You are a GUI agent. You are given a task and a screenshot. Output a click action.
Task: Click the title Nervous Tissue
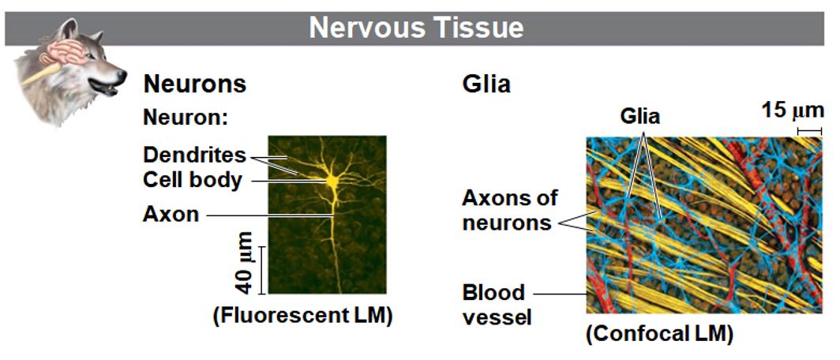click(416, 28)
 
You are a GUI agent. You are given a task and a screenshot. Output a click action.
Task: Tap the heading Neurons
click(194, 84)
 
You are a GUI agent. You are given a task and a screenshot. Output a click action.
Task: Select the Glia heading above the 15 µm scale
click(486, 84)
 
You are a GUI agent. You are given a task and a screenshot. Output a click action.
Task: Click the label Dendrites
click(194, 154)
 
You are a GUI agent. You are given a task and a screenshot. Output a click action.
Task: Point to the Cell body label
click(192, 179)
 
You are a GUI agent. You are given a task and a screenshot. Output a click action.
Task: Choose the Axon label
click(171, 213)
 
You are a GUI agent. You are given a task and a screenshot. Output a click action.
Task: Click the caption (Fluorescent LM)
click(302, 316)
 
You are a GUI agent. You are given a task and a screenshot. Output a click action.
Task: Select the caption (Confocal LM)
click(659, 334)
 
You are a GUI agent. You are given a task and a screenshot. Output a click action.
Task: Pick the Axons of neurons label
click(509, 209)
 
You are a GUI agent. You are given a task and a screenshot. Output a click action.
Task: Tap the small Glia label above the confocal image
click(639, 117)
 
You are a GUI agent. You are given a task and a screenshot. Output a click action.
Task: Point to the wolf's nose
click(121, 77)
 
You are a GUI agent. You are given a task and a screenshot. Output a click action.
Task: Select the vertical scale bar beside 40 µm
click(263, 269)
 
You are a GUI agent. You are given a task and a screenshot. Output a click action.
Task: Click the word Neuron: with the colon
click(185, 118)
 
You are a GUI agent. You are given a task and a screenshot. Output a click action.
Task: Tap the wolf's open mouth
click(108, 89)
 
